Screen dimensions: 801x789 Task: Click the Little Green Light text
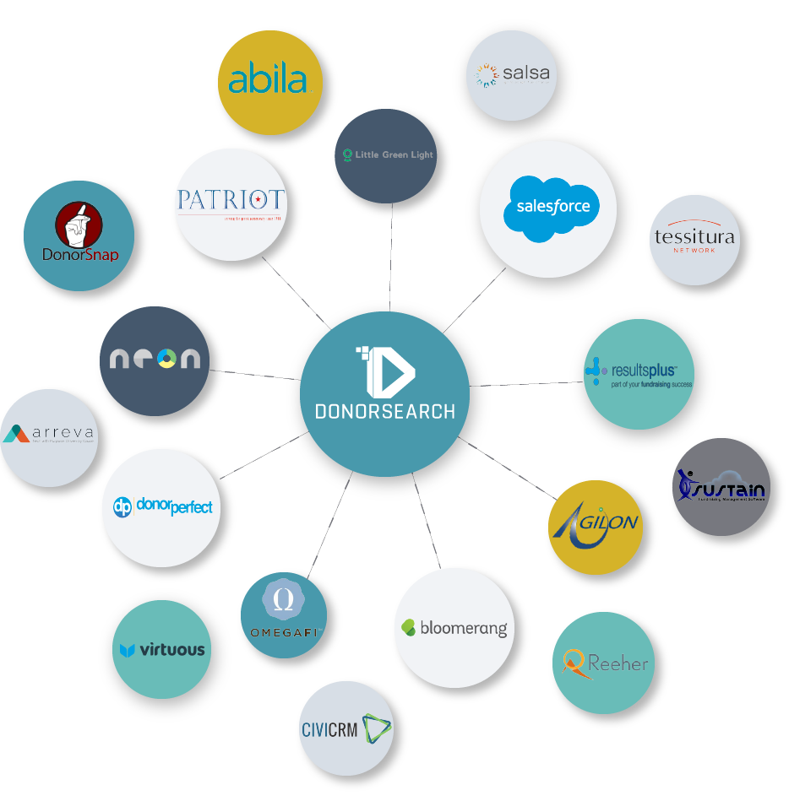388,155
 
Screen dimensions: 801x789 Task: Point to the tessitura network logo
694,239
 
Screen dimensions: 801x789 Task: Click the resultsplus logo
639,371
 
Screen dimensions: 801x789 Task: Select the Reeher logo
606,663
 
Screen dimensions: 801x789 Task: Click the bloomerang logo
454,628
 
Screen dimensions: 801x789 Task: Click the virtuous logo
162,650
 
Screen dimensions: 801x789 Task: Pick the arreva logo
48,436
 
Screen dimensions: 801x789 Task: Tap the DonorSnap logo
79,234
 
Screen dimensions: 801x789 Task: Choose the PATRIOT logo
231,203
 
